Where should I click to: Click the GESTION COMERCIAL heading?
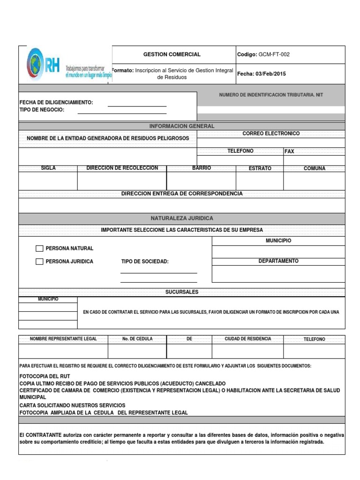[x=172, y=54]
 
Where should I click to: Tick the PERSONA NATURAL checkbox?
[x=39, y=248]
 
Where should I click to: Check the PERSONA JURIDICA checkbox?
[x=39, y=262]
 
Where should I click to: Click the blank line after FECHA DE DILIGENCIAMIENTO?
[x=137, y=103]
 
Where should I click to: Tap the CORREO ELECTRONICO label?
[x=271, y=134]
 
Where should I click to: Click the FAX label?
[x=289, y=151]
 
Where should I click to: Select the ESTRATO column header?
[x=260, y=168]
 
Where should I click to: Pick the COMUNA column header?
[x=314, y=168]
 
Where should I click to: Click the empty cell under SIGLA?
[x=48, y=181]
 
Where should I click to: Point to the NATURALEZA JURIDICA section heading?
[x=182, y=218]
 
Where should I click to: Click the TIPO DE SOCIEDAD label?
[x=144, y=262]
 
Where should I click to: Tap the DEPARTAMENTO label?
[x=278, y=261]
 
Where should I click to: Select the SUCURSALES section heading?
[x=182, y=292]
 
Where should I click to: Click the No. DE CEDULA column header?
[x=137, y=339]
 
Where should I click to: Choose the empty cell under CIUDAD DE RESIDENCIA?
[x=247, y=351]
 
